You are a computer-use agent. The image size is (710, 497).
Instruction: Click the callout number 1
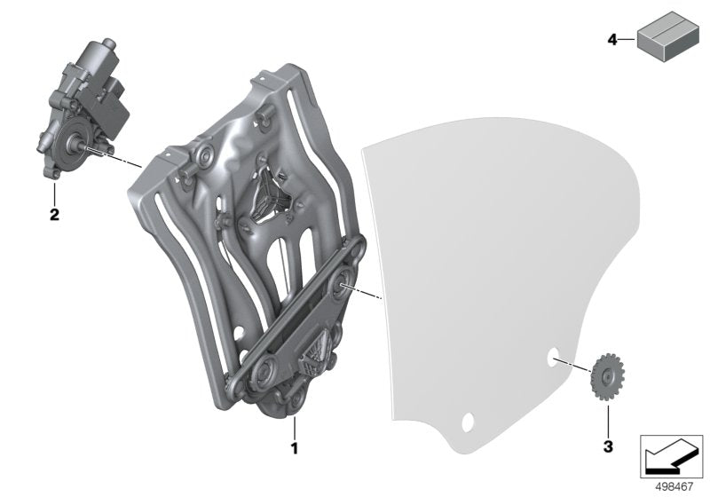pyautogui.click(x=295, y=448)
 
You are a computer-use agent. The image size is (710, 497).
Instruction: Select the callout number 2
pyautogui.click(x=54, y=214)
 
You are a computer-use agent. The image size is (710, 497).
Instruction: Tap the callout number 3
pyautogui.click(x=608, y=446)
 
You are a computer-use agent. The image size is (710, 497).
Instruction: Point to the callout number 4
pyautogui.click(x=612, y=40)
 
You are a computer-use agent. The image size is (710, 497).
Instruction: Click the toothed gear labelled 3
pyautogui.click(x=608, y=376)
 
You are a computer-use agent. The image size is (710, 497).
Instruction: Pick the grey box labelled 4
pyautogui.click(x=668, y=36)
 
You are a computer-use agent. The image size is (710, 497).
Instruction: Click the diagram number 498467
pyautogui.click(x=674, y=487)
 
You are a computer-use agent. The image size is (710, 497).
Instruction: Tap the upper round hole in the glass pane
pyautogui.click(x=553, y=358)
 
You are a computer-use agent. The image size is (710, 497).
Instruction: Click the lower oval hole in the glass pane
pyautogui.click(x=468, y=422)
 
